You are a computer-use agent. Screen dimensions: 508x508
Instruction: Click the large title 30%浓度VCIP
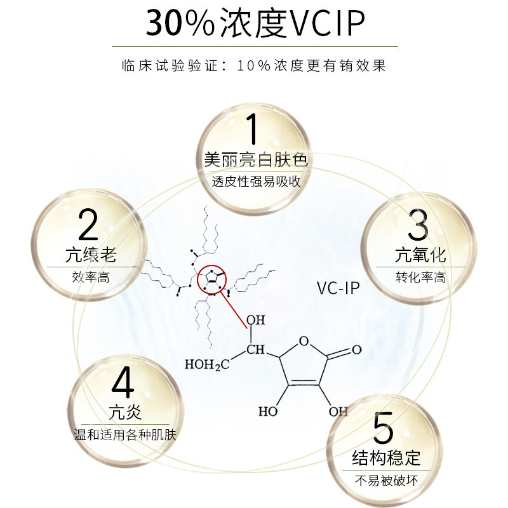(255, 25)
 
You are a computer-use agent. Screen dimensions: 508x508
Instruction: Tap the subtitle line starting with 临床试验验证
(254, 66)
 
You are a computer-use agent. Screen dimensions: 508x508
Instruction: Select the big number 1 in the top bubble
(252, 128)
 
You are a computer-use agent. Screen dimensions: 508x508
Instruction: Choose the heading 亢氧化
(420, 256)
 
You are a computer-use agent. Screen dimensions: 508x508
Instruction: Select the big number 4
(123, 382)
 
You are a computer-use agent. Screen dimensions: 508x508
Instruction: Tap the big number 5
(384, 429)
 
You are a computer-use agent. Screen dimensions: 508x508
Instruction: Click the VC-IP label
(338, 289)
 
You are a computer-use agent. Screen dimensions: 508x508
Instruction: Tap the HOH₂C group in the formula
(206, 364)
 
